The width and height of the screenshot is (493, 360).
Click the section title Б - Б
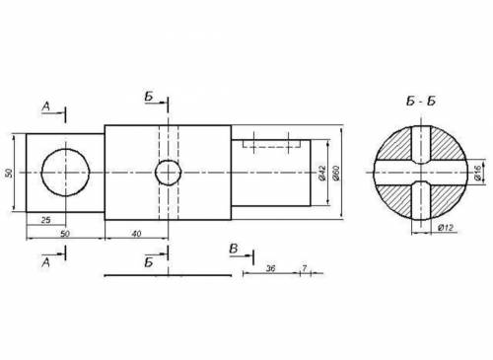click(x=421, y=102)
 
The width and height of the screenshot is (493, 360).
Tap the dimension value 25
click(x=46, y=220)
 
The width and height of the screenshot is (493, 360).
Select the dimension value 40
click(x=136, y=234)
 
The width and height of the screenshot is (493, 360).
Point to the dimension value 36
click(x=270, y=268)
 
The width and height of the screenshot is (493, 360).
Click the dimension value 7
click(x=305, y=268)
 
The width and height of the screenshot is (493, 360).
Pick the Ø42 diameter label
click(x=322, y=174)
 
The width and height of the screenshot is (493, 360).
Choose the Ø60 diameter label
click(x=336, y=173)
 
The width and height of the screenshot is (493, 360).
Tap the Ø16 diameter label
click(x=478, y=173)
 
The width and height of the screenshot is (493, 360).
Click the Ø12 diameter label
click(x=446, y=227)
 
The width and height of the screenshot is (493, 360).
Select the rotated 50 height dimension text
click(x=9, y=173)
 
